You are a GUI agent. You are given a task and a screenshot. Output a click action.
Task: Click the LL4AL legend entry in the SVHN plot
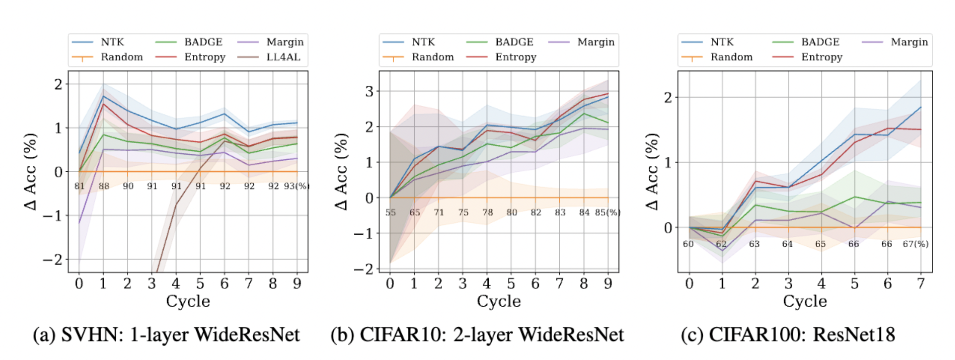coord(283,57)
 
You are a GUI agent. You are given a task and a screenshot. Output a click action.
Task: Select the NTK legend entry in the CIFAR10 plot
coord(423,42)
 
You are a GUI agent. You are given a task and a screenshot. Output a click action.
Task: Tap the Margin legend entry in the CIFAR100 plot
coord(909,42)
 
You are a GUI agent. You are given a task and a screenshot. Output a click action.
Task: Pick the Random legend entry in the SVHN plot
coord(121,57)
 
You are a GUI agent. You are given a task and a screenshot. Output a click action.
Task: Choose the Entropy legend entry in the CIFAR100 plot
coord(821,57)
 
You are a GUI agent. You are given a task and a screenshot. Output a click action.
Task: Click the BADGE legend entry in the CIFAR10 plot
coord(514,42)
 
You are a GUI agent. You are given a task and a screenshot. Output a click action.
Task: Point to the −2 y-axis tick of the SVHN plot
coord(52,260)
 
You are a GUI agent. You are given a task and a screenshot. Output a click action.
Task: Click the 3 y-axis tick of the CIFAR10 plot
coord(369,91)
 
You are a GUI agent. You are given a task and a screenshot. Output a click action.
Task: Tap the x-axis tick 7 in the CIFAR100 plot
coord(921,284)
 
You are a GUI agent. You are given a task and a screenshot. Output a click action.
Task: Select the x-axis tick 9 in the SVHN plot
coord(297,284)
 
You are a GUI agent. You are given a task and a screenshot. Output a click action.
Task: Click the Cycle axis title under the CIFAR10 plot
coord(499,301)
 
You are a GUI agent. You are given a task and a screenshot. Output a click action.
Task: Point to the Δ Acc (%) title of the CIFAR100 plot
coord(652,171)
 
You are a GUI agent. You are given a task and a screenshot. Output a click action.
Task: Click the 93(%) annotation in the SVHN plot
coord(296,186)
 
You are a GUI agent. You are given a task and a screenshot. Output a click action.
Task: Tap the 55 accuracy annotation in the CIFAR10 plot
coord(391,213)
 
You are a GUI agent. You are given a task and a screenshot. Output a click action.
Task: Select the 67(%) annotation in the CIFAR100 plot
coord(915,244)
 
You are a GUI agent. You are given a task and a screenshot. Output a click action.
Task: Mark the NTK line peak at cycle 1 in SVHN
coord(103,96)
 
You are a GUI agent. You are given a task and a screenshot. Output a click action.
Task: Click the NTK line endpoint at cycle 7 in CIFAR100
coord(921,107)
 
